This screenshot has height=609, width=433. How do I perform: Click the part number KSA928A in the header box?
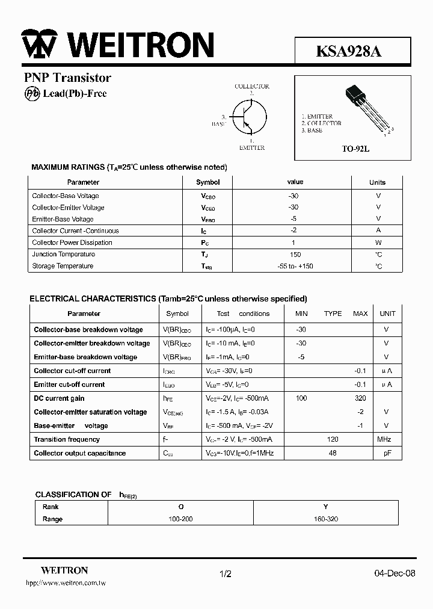click(x=349, y=51)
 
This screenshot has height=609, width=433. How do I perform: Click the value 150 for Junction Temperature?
click(x=295, y=254)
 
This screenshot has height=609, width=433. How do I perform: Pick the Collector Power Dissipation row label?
click(x=72, y=243)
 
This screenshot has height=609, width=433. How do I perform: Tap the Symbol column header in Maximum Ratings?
click(x=208, y=182)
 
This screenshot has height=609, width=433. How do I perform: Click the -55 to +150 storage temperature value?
click(x=295, y=266)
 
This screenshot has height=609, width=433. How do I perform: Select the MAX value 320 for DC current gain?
click(x=360, y=398)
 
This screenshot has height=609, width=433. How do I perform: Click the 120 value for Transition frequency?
click(x=333, y=439)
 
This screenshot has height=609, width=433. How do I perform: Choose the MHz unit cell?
click(x=384, y=439)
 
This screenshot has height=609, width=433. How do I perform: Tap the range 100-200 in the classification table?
click(x=180, y=519)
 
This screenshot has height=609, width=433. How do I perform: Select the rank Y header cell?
click(x=325, y=507)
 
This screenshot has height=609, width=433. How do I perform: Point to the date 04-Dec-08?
click(x=395, y=573)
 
